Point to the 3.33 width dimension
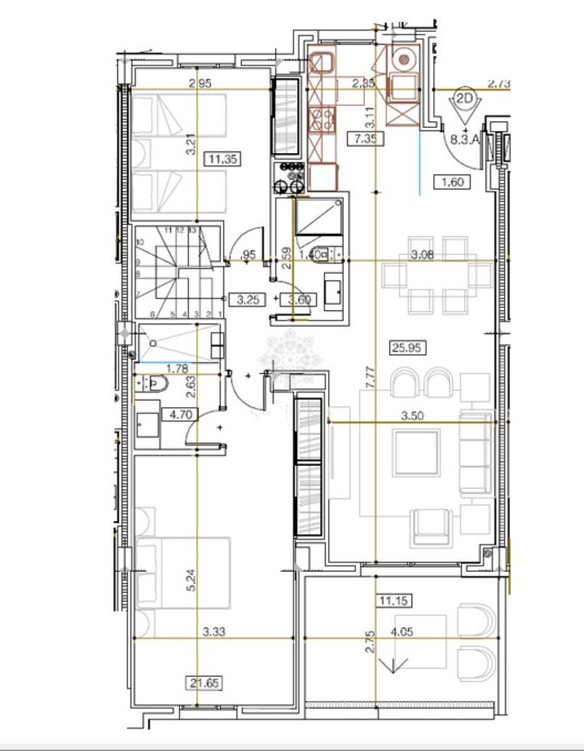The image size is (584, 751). [x=214, y=632]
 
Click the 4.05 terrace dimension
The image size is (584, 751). [x=402, y=632]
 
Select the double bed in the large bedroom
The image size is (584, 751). [x=183, y=573]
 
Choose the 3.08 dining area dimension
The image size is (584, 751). [x=423, y=254]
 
